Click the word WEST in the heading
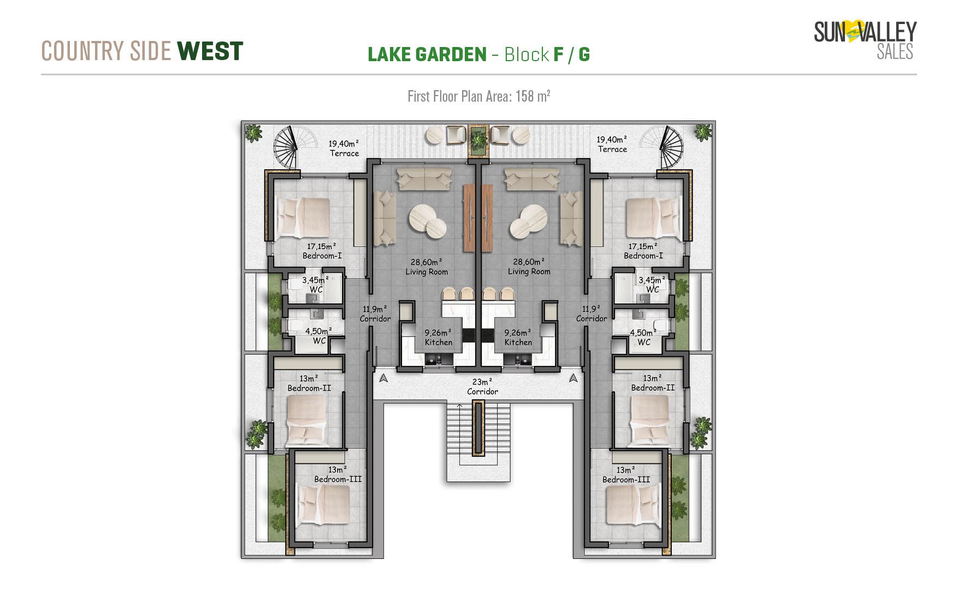pos(210,51)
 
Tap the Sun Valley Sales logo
pos(865,40)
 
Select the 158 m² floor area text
pos(533,96)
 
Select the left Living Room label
pos(427,267)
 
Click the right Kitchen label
pos(518,337)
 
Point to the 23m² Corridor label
pos(482,387)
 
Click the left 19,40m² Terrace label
pos(344,148)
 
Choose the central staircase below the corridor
pos(478,441)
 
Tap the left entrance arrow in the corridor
pos(383,378)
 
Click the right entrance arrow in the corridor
pos(573,378)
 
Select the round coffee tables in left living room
pos(428,221)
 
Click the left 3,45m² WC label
pos(316,285)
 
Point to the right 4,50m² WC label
pos(644,337)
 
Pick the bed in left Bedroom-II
pos(306,419)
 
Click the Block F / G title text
pos(547,54)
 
